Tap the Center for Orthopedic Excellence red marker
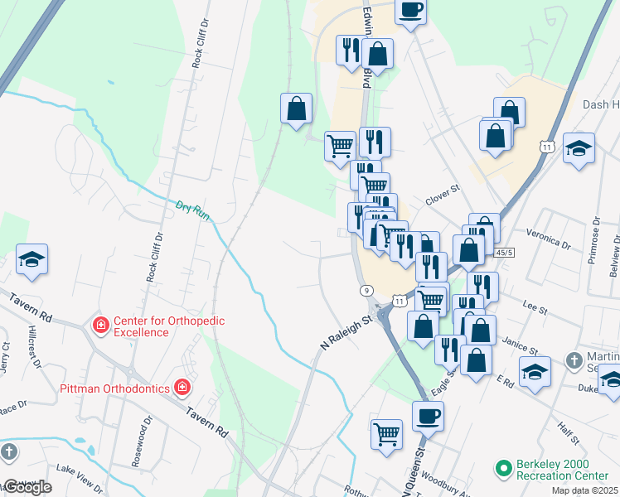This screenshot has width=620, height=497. coord(101,326)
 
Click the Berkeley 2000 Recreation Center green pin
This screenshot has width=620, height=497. coord(502,470)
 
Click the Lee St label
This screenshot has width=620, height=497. coord(535,309)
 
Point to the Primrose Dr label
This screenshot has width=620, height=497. coord(594,241)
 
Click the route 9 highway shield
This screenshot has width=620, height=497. coord(366,290)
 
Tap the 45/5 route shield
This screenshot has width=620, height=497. coord(504,252)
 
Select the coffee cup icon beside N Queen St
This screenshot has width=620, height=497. coord(428,417)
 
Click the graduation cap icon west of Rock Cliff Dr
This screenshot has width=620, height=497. coord(32,259)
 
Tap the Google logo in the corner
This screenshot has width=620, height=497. coord(27,487)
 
